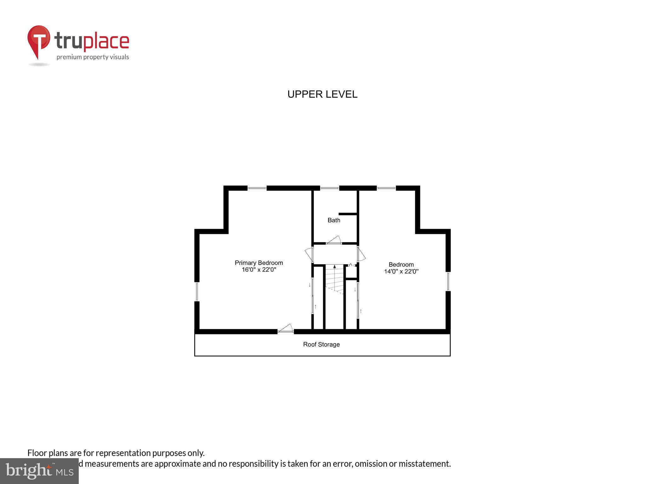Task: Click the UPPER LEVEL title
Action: (322, 94)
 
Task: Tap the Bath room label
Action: (334, 220)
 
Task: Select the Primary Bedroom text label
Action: (259, 263)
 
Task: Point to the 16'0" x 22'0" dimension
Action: (259, 270)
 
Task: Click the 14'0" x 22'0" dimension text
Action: (401, 271)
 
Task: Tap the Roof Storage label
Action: (321, 344)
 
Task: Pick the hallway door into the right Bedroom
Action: (361, 254)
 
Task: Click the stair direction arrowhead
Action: (334, 267)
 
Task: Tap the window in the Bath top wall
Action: (329, 188)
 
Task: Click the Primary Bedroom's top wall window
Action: (257, 188)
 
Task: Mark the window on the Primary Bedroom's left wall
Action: (197, 291)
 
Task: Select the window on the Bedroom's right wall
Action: (448, 281)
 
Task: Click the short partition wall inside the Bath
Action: (348, 214)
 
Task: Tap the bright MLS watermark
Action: (39, 471)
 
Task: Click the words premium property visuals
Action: (93, 57)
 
